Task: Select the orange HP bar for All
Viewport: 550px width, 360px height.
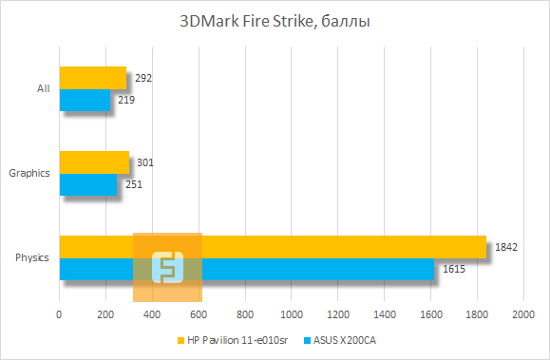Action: (93, 77)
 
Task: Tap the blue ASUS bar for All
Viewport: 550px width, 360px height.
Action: (85, 100)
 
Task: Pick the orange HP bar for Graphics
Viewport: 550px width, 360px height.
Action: (94, 161)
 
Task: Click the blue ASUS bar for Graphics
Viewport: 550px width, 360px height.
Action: (88, 184)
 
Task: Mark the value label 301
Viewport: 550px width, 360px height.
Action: (145, 162)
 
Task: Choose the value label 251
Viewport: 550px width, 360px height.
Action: (134, 184)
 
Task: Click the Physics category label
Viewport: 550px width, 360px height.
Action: (33, 257)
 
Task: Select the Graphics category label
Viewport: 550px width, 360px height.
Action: (29, 173)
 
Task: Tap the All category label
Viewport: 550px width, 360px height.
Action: (43, 88)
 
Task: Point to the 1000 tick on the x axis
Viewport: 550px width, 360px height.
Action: (291, 313)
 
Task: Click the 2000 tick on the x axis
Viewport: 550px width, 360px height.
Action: (522, 313)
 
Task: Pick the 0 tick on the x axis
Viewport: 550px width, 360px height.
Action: (60, 313)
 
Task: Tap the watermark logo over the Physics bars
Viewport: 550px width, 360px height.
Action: (167, 266)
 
